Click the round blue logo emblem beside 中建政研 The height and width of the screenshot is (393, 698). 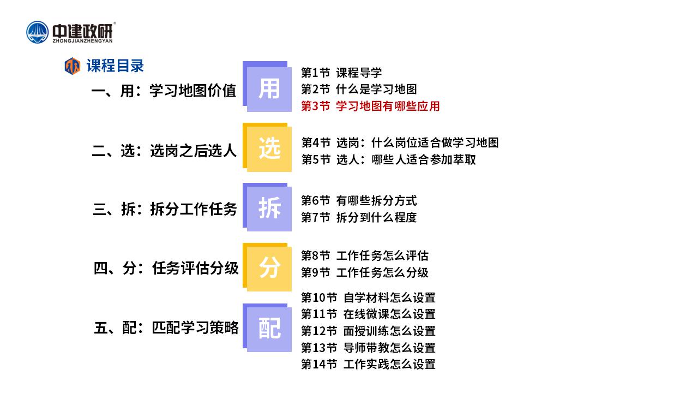(38, 32)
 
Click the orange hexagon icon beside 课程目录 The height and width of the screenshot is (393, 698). (73, 66)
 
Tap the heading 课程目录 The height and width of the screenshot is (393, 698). (115, 66)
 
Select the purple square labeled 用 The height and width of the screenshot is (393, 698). (267, 86)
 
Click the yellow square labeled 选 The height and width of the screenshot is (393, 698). (267, 147)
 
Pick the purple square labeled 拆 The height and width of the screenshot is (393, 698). (267, 207)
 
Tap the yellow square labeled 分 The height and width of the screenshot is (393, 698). (267, 267)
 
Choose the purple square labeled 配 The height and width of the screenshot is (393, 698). (267, 327)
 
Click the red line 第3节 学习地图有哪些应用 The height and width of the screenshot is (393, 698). (370, 106)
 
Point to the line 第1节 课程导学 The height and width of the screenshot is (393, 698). (341, 73)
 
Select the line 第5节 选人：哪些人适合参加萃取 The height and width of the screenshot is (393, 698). (389, 159)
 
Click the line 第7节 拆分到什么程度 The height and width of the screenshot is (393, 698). (359, 217)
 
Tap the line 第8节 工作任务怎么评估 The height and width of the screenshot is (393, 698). (365, 255)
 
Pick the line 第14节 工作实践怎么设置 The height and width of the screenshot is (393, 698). (368, 364)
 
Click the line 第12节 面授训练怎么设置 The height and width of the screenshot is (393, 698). (368, 331)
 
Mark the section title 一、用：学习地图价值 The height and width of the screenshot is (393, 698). (164, 91)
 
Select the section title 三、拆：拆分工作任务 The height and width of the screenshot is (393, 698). (165, 209)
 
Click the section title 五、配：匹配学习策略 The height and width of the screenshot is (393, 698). (166, 327)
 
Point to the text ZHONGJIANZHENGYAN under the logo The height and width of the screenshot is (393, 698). (82, 41)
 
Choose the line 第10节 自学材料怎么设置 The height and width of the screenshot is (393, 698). (368, 297)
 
